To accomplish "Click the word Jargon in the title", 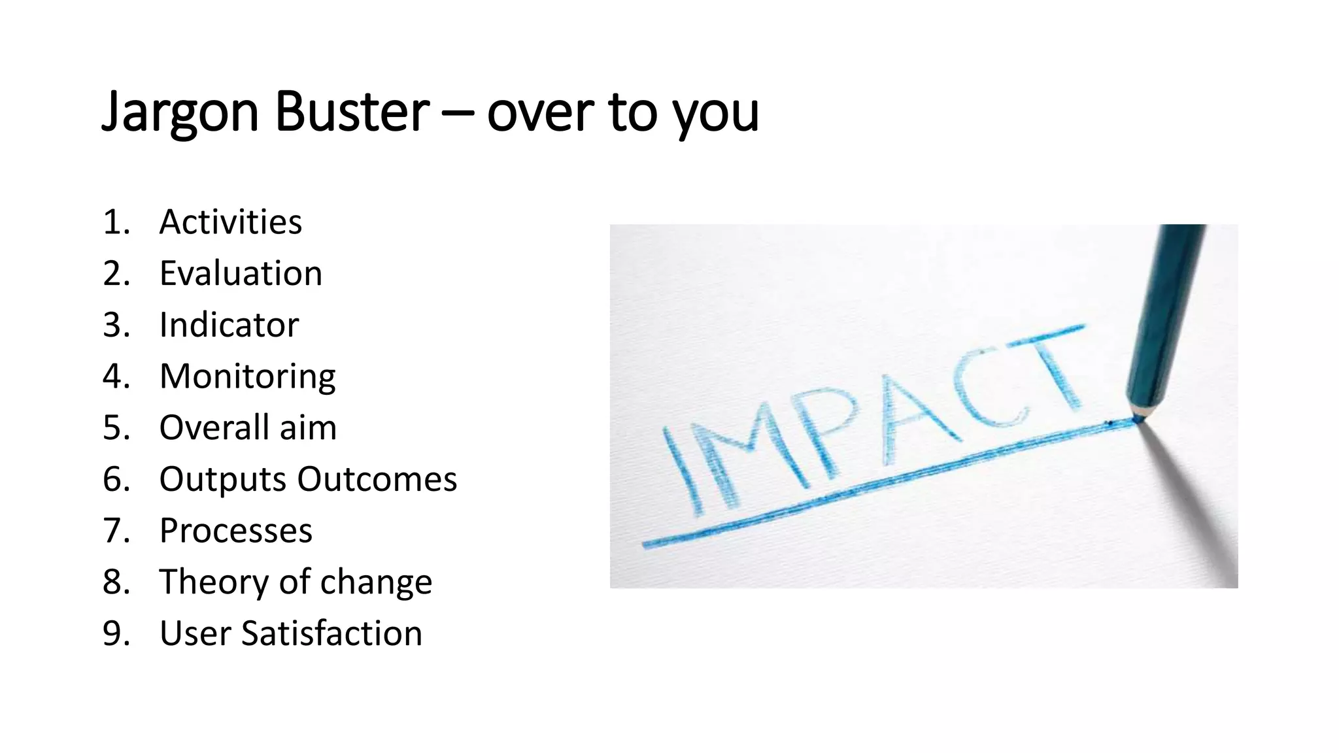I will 180,112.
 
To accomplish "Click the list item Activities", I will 230,222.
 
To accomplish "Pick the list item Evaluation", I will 241,273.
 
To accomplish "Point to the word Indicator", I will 229,325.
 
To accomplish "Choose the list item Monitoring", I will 247,376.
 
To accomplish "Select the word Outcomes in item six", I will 377,479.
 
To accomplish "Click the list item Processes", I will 235,530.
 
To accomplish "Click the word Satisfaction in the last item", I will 331,633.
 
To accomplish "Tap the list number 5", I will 116,427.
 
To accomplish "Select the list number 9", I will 116,633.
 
